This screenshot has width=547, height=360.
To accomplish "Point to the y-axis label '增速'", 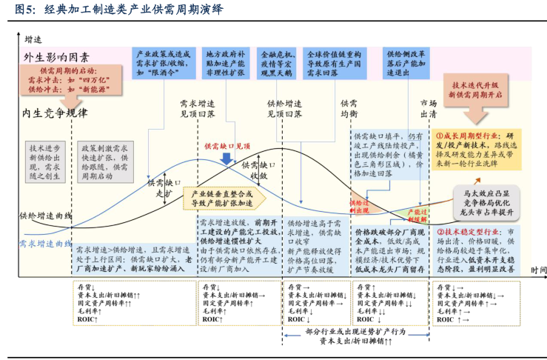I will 33,39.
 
